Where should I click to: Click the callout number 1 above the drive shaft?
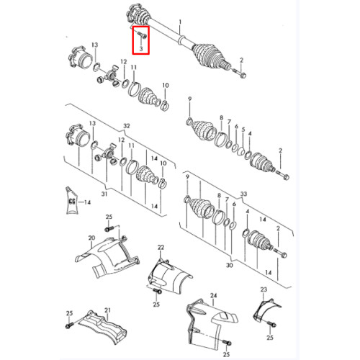(180, 22)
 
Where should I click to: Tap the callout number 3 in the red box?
(141, 49)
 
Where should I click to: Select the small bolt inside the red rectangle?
(143, 35)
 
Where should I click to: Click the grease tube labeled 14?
(71, 200)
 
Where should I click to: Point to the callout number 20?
(91, 238)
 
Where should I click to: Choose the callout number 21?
(107, 310)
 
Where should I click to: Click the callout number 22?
(161, 247)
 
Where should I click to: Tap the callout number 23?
(264, 289)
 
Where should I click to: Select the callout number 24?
(213, 295)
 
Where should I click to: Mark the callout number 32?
(127, 126)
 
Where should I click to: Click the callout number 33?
(243, 194)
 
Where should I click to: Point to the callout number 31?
(104, 194)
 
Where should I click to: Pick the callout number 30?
(230, 265)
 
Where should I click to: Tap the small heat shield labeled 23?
(266, 310)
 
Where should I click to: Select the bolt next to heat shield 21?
(68, 325)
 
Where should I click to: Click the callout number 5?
(243, 130)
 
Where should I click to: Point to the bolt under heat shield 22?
(157, 291)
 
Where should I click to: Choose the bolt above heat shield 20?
(109, 229)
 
